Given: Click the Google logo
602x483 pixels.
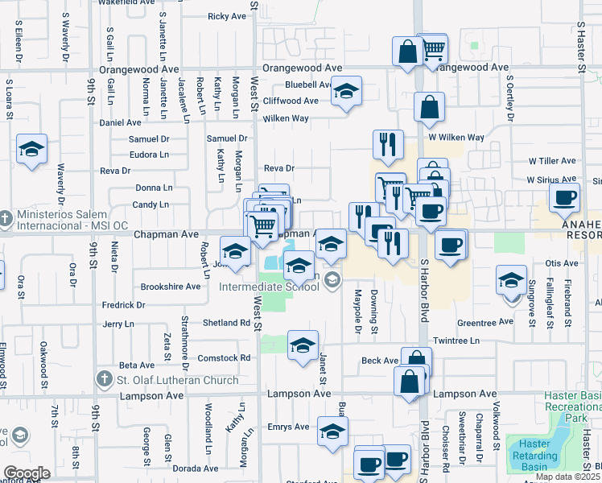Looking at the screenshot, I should coord(26,473).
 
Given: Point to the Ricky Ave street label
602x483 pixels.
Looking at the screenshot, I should coord(227,16).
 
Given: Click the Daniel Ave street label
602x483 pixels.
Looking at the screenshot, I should coord(120,123).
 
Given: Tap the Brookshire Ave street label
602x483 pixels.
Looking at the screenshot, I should coord(170,287).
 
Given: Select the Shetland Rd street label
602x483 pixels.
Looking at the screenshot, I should coord(233,323).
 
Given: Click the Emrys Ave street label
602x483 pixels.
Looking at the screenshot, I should coord(289,427).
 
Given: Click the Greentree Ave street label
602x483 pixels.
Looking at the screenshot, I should coord(484,322).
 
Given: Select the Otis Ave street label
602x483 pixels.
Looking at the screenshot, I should coord(562,263).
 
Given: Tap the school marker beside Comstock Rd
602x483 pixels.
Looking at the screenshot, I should coord(302,345).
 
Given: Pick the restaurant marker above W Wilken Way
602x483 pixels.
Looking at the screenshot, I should coord(388,144).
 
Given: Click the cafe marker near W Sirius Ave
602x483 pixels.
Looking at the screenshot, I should coord(563,197).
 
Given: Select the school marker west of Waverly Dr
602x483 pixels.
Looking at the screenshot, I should coord(31,149).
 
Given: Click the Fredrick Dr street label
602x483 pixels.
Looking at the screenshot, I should coord(124,306).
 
